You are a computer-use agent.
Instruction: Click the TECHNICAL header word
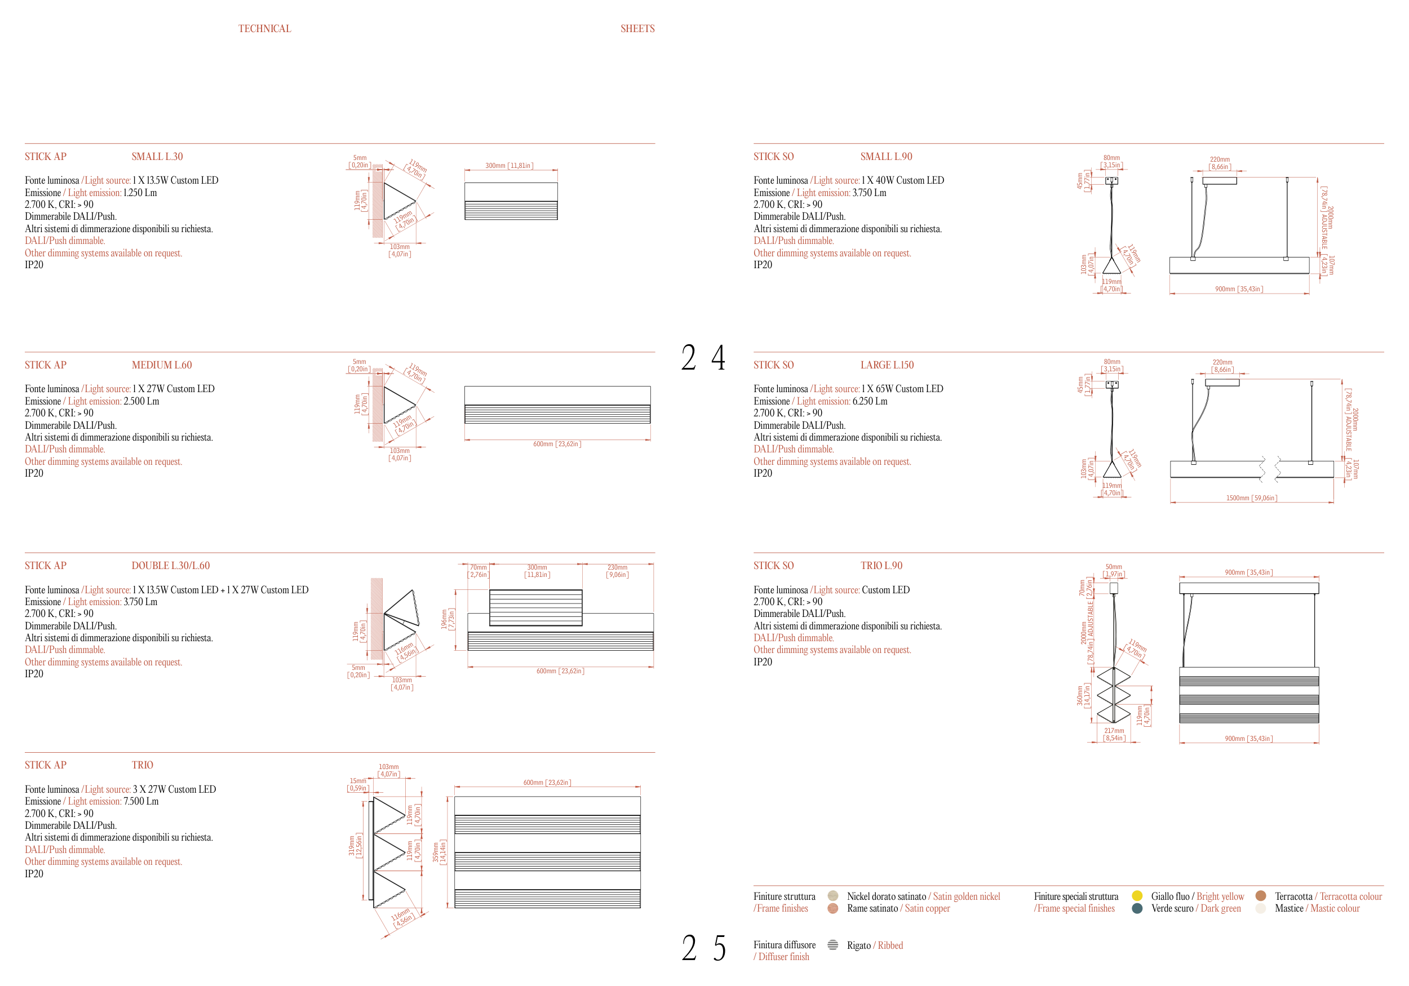pyautogui.click(x=264, y=29)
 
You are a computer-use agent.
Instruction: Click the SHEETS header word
pyautogui.click(x=637, y=29)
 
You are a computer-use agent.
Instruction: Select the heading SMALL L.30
pyautogui.click(x=157, y=157)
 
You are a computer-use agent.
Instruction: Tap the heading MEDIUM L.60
pyautogui.click(x=161, y=365)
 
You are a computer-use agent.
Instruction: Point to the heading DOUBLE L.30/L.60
pyautogui.click(x=171, y=566)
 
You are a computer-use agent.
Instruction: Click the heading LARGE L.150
pyautogui.click(x=887, y=365)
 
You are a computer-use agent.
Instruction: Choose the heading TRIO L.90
pyautogui.click(x=881, y=566)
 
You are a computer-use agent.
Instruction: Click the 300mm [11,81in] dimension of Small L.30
pyautogui.click(x=509, y=166)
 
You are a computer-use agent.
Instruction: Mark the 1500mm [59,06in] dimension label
pyautogui.click(x=1251, y=498)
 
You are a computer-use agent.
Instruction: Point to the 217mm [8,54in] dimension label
pyautogui.click(x=1114, y=735)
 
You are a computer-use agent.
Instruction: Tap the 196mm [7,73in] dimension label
pyautogui.click(x=448, y=619)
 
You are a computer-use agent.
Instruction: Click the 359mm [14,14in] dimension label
pyautogui.click(x=440, y=852)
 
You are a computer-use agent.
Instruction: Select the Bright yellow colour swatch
pyautogui.click(x=1137, y=896)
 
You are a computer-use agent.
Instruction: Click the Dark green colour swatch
pyautogui.click(x=1137, y=908)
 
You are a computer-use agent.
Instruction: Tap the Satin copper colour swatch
pyautogui.click(x=833, y=908)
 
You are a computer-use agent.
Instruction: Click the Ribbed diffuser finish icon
pyautogui.click(x=833, y=945)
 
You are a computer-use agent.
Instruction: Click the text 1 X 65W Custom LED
pyautogui.click(x=902, y=389)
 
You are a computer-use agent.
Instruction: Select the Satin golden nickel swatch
pyautogui.click(x=833, y=896)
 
